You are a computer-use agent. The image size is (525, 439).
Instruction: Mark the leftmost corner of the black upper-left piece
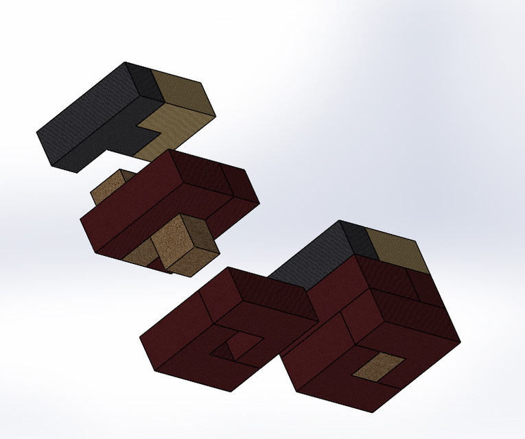click(x=36, y=132)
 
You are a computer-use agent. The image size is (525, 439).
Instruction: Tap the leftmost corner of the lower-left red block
click(x=140, y=337)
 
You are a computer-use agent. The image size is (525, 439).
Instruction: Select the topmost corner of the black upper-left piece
click(x=126, y=62)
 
